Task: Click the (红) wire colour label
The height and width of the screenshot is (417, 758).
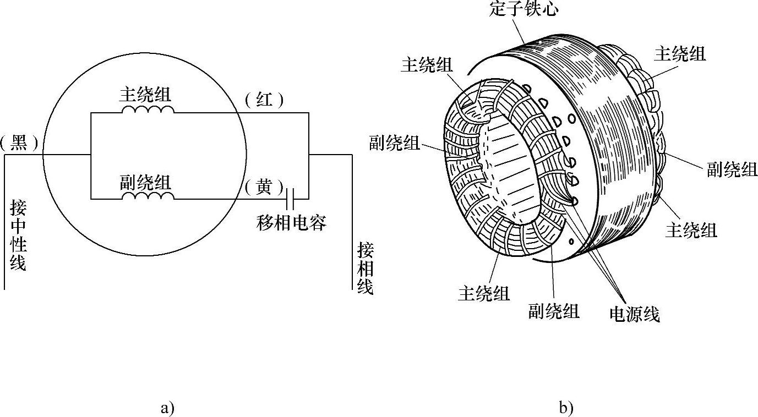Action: [265, 100]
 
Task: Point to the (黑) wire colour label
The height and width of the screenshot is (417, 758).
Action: [20, 144]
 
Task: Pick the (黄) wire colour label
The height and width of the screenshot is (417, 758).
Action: [265, 187]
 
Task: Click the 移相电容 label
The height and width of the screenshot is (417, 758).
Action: [292, 222]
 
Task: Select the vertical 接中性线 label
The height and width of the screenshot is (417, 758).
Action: [18, 235]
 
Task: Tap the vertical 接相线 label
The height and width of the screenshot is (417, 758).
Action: [365, 268]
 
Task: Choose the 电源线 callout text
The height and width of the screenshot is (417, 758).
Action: [634, 314]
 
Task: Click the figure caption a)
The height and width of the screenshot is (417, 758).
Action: [167, 408]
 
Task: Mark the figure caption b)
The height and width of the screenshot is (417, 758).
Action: [566, 408]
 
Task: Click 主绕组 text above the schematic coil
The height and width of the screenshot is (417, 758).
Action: [145, 94]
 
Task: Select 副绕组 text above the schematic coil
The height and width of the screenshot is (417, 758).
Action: [145, 181]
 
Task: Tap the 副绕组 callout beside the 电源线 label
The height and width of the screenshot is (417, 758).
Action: [554, 311]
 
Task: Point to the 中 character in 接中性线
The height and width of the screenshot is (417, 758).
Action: [18, 227]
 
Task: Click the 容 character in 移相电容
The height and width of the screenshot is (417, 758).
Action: [318, 222]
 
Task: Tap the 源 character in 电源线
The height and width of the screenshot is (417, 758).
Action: [634, 314]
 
